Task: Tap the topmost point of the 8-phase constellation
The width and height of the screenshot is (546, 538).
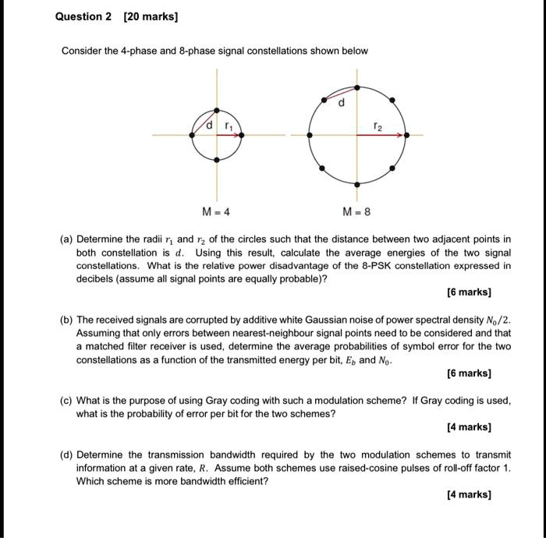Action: [357, 87]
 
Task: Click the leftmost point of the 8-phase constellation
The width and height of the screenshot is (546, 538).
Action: [310, 135]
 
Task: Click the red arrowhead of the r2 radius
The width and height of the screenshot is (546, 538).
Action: [402, 135]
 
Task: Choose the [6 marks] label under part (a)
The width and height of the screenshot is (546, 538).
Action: [469, 292]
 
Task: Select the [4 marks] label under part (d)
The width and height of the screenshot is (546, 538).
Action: [469, 494]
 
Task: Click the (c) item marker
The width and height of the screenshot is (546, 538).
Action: [67, 401]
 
